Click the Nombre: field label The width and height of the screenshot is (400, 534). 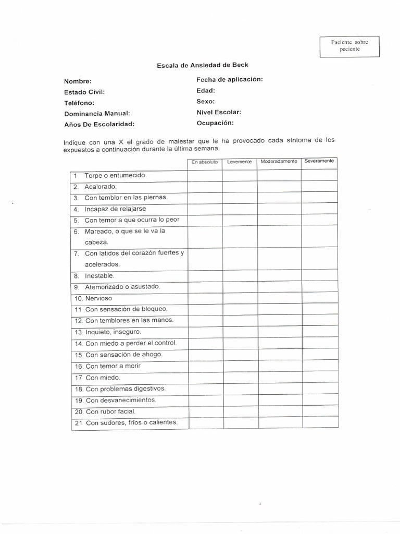point(78,81)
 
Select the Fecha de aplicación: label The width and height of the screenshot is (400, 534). point(229,79)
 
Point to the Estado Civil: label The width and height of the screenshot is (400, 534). point(84,92)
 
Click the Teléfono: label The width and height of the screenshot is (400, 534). point(79,103)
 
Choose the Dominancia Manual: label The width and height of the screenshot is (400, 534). point(97,113)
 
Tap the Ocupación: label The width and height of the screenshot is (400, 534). point(215,123)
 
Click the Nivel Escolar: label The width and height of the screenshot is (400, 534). point(219,112)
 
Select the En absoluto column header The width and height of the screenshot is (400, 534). point(205,162)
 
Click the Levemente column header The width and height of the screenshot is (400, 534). point(240,162)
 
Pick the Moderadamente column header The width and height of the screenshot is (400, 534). point(279,162)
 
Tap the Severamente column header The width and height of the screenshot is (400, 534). point(319,161)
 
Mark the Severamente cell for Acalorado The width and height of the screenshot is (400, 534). point(319,186)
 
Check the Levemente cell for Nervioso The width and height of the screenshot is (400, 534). point(240,298)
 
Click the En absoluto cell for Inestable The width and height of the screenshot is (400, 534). point(205,276)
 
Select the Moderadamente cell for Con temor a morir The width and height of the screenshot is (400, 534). point(279,366)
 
